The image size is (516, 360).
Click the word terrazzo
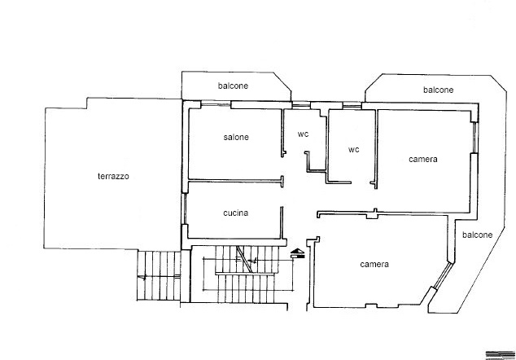point(113,176)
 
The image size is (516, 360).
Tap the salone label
point(236,137)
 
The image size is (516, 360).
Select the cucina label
point(236,213)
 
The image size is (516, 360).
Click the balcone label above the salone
point(233,86)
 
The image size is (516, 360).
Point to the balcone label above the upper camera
point(439,90)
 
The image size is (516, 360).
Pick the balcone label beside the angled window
point(478,235)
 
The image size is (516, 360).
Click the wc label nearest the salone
point(303,134)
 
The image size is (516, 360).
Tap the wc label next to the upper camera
point(354,150)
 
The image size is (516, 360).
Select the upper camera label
point(423,160)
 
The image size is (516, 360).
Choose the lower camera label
point(374,264)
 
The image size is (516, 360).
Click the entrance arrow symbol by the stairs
point(298,253)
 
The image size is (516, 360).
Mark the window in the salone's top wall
point(216,105)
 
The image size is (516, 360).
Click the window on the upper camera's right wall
point(474,138)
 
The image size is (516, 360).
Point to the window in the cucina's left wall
point(185,209)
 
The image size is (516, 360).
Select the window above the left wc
point(301,105)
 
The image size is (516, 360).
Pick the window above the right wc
point(352,105)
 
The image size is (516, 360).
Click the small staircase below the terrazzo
point(159,275)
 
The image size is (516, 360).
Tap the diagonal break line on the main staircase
point(244,259)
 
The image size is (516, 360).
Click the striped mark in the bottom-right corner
point(501,355)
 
